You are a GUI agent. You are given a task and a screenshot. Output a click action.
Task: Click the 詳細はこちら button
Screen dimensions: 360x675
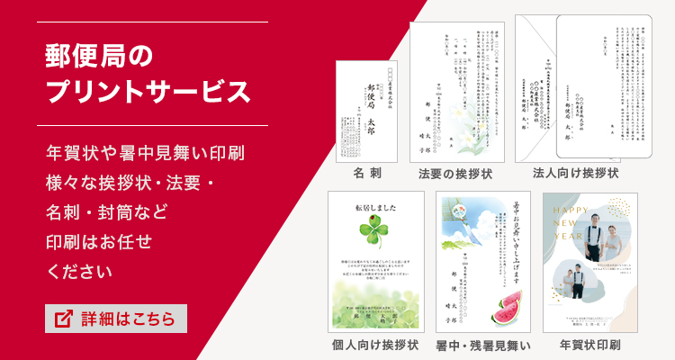pos(116,319)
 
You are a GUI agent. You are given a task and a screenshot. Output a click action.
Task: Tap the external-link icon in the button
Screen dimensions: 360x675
pos(64,319)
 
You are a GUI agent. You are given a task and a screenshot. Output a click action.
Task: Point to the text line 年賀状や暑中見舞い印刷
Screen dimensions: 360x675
pos(145,153)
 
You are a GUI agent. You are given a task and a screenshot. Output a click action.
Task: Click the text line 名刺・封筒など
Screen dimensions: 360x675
pos(106,213)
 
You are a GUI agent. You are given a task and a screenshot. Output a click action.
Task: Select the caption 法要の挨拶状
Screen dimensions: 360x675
pos(454,172)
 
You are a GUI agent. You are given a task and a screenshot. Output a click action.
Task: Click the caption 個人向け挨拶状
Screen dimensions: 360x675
pos(375,344)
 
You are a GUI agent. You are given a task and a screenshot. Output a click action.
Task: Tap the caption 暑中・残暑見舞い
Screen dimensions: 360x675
pos(484,344)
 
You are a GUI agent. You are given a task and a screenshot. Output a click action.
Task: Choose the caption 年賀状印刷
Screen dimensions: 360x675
pos(590,344)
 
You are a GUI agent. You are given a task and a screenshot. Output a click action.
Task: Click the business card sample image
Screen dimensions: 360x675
pos(367,111)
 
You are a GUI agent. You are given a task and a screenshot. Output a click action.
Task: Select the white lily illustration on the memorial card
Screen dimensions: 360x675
pos(472,126)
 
